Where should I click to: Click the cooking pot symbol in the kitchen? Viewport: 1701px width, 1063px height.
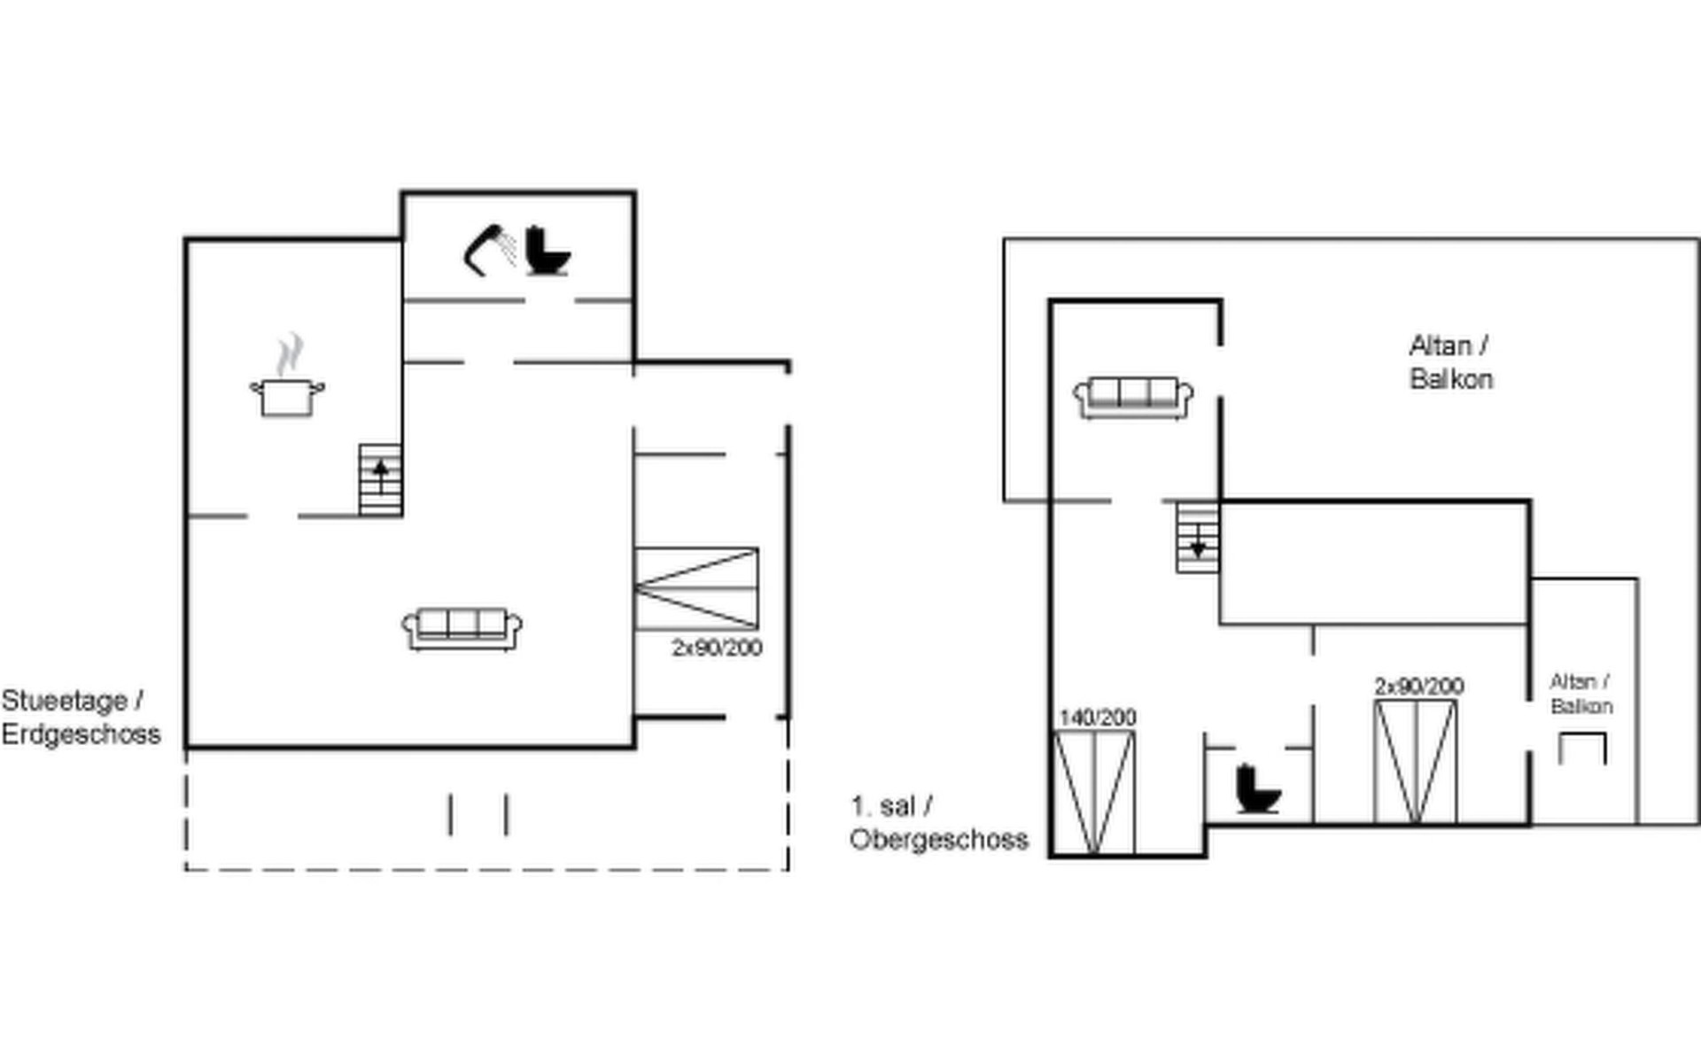287,397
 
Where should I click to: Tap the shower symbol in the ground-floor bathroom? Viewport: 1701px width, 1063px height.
490,251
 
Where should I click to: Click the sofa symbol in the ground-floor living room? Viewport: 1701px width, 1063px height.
462,629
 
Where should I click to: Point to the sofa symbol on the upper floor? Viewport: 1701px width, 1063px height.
1133,398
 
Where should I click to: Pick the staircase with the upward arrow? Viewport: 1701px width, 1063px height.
381,479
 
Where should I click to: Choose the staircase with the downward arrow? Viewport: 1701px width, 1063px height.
1198,537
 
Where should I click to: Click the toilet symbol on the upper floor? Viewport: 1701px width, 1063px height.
1258,788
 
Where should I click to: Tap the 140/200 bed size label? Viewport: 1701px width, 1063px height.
1097,718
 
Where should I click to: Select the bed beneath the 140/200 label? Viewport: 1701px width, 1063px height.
1094,793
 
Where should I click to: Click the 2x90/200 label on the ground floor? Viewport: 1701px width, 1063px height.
717,648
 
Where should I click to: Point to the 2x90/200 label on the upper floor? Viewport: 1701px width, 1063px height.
1419,686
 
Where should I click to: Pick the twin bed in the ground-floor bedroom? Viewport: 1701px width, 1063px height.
696,589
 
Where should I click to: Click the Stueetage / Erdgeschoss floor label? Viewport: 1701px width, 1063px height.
81,718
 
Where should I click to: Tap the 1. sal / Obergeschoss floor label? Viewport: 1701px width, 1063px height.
939,823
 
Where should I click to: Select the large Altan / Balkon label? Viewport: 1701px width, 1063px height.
1451,362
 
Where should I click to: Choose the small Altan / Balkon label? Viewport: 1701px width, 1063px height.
1581,694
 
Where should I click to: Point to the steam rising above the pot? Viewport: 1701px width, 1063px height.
289,354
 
